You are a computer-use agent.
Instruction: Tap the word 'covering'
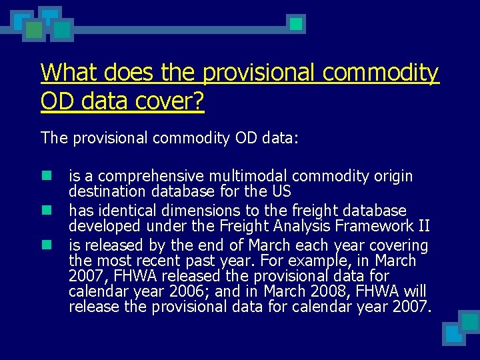pos(398,245)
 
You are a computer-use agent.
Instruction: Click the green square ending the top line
pos(297,25)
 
